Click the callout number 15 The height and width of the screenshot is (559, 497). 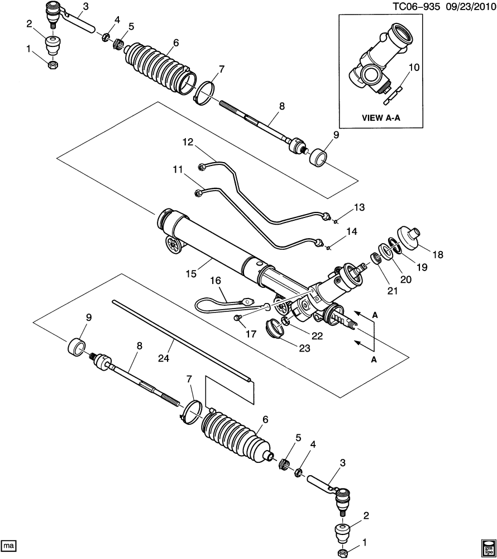(x=191, y=273)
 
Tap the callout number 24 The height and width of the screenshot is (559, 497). (x=164, y=358)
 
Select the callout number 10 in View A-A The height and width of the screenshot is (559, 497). (x=414, y=67)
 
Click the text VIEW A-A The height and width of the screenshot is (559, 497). (x=381, y=117)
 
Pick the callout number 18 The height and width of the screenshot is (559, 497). (x=438, y=254)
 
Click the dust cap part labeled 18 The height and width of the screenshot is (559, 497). (x=408, y=239)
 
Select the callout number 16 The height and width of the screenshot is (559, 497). (x=216, y=280)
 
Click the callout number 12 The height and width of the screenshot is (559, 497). (x=188, y=142)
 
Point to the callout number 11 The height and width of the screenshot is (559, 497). (x=178, y=169)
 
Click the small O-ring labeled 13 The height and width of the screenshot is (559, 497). (x=335, y=222)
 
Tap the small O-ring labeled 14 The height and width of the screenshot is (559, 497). (x=328, y=248)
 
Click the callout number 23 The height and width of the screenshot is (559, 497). (x=304, y=348)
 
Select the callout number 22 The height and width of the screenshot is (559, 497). (x=317, y=336)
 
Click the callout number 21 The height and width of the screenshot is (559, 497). (x=393, y=291)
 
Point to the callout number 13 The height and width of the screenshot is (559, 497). (x=359, y=207)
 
